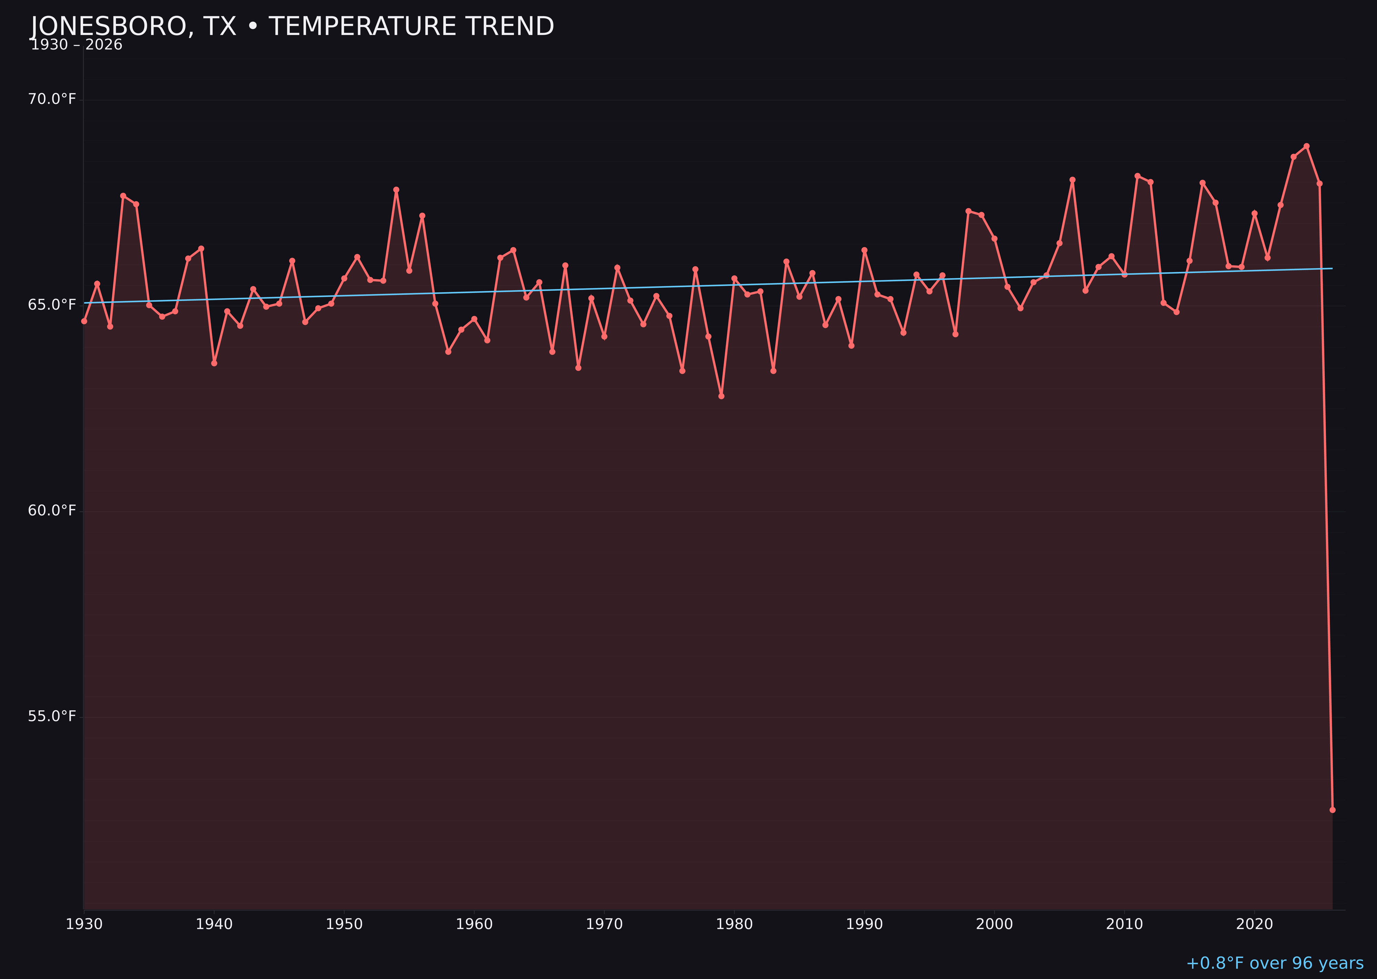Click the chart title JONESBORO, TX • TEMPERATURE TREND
[292, 27]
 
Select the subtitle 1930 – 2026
[76, 45]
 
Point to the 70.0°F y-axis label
[52, 99]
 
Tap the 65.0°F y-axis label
[52, 305]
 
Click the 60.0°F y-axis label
[52, 510]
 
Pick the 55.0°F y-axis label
[52, 716]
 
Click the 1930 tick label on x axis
[84, 924]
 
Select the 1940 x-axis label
[214, 924]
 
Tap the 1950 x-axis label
[344, 924]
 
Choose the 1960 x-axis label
[474, 924]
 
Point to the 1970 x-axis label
[604, 924]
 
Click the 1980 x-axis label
[734, 924]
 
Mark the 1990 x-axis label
[864, 924]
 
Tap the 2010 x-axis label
[1124, 924]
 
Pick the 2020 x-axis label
[1254, 924]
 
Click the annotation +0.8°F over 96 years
[1274, 963]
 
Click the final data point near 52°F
[1332, 810]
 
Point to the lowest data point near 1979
[722, 396]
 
